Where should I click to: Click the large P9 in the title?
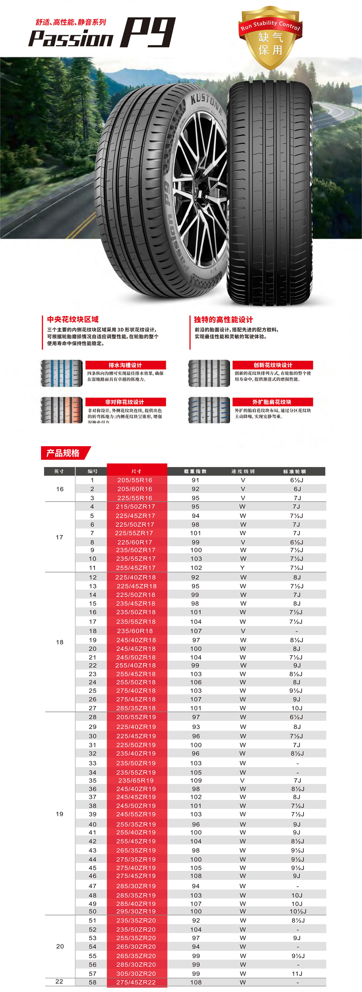tap(148, 33)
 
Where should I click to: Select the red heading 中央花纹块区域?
tap(73, 319)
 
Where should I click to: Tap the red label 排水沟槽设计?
tap(125, 365)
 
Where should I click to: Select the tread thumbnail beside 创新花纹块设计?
tap(209, 373)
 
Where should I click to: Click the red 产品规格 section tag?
tap(63, 453)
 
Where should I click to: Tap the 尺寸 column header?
tap(137, 471)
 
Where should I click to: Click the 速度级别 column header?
tap(243, 471)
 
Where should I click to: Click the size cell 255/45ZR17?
tap(135, 568)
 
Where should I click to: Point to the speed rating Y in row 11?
tap(243, 568)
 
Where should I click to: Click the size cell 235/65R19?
tap(136, 780)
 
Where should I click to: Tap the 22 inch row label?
tap(59, 981)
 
